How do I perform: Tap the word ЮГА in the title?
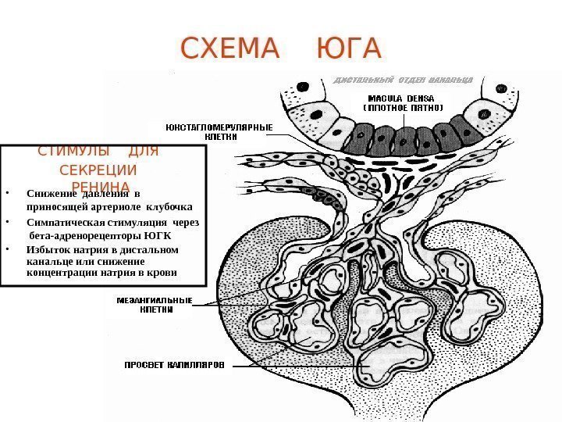click(x=349, y=49)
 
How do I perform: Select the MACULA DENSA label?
click(x=401, y=98)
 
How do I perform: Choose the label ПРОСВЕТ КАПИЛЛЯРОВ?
click(x=174, y=364)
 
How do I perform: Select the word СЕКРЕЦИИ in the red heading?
click(x=98, y=170)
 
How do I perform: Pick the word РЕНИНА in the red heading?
click(x=101, y=187)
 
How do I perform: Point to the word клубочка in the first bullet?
click(x=169, y=208)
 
